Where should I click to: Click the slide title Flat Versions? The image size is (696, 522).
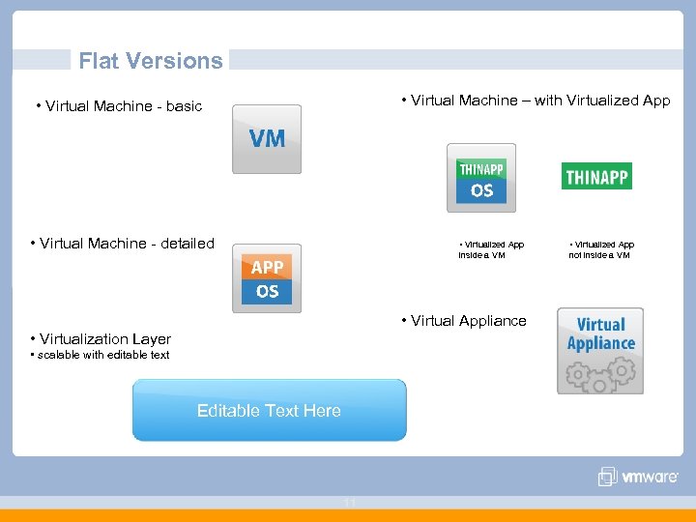pyautogui.click(x=150, y=61)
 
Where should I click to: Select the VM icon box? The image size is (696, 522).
pyautogui.click(x=267, y=139)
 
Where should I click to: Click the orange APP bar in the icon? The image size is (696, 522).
pyautogui.click(x=267, y=268)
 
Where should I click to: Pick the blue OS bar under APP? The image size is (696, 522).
pyautogui.click(x=267, y=291)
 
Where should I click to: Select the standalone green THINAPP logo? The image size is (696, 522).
pyautogui.click(x=596, y=177)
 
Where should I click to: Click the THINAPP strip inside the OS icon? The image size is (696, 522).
pyautogui.click(x=481, y=169)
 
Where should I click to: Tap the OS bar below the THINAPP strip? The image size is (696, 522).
pyautogui.click(x=481, y=190)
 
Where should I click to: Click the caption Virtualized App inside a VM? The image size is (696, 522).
pyautogui.click(x=491, y=250)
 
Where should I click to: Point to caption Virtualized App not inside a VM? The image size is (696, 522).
pyautogui.click(x=600, y=250)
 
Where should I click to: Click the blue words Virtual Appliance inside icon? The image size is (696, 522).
pyautogui.click(x=600, y=334)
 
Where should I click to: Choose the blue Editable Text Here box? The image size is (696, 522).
pyautogui.click(x=269, y=411)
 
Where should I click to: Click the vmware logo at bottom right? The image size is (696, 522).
pyautogui.click(x=638, y=477)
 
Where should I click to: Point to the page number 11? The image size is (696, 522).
pyautogui.click(x=348, y=503)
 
